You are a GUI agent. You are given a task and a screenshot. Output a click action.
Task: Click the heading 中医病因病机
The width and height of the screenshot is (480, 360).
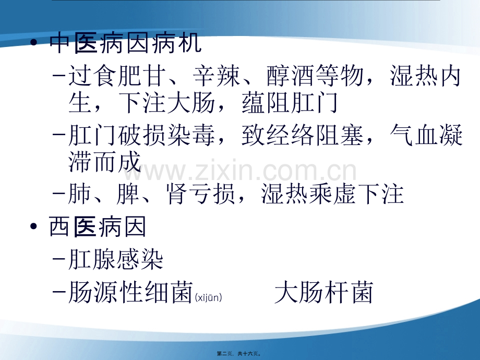point(126,43)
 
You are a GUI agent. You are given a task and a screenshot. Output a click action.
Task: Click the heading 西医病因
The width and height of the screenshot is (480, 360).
point(98,227)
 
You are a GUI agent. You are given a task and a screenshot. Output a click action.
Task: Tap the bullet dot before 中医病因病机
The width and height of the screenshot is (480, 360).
point(34,42)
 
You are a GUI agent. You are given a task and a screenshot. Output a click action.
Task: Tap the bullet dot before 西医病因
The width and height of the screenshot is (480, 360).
point(34,226)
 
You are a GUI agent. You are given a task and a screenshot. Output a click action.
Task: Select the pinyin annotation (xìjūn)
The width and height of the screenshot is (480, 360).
point(209,297)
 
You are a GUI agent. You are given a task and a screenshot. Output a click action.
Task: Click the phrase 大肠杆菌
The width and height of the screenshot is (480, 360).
point(324,292)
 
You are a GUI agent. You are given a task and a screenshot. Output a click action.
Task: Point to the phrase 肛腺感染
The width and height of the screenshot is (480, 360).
point(116,259)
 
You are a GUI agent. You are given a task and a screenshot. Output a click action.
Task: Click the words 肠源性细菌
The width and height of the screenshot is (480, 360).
point(130,292)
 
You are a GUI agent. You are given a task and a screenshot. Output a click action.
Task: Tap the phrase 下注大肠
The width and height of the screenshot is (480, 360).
point(167,103)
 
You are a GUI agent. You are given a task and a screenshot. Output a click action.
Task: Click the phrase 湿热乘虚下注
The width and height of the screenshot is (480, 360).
point(333,194)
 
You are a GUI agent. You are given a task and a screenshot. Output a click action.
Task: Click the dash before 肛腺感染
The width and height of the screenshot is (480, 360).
point(59,259)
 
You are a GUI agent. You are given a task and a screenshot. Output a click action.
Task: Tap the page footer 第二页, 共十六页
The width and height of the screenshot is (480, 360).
point(239,354)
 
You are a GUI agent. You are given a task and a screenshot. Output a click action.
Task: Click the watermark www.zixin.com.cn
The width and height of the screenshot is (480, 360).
point(239,170)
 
